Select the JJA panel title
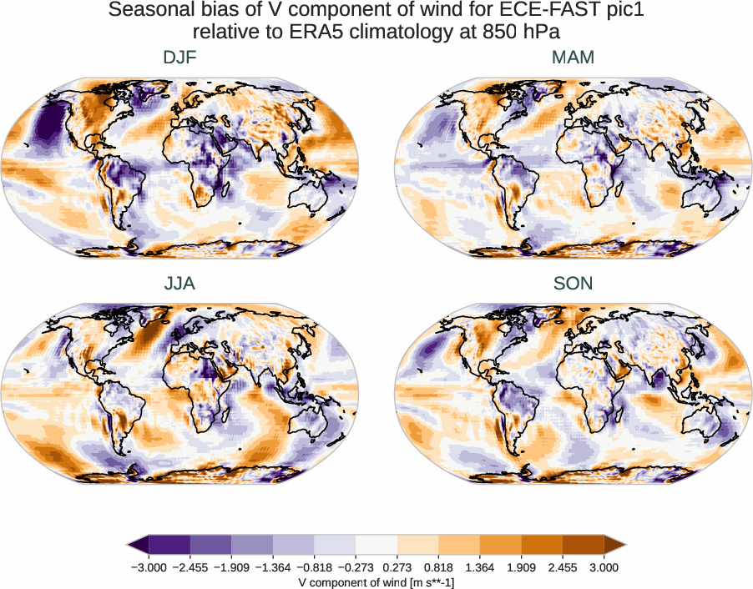[179, 284]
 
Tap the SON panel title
[573, 284]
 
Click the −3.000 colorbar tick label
[146, 567]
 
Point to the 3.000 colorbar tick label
[604, 567]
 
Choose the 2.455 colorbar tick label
[563, 567]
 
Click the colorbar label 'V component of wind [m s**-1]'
[376, 582]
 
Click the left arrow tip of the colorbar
[129, 545]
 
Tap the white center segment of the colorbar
[376, 545]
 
